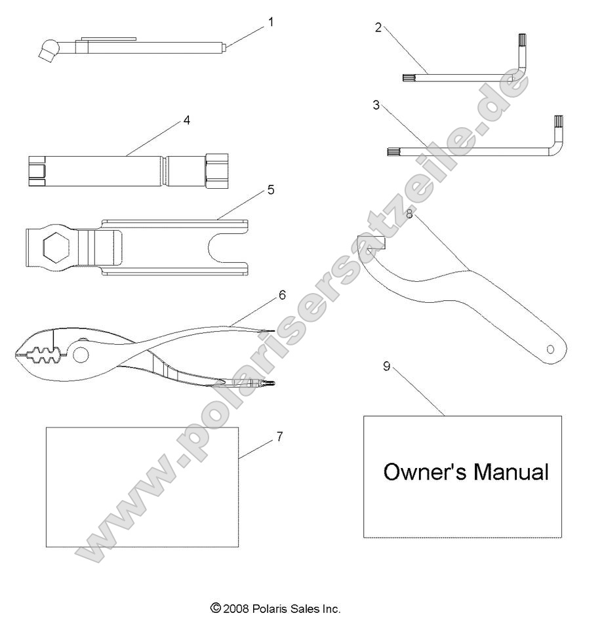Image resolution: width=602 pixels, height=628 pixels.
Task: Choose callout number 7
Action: [279, 437]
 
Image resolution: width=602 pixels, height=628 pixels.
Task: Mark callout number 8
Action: [409, 214]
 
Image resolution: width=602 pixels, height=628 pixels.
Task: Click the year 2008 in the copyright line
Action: [235, 609]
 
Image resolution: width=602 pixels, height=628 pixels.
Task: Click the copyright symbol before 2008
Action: [215, 609]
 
